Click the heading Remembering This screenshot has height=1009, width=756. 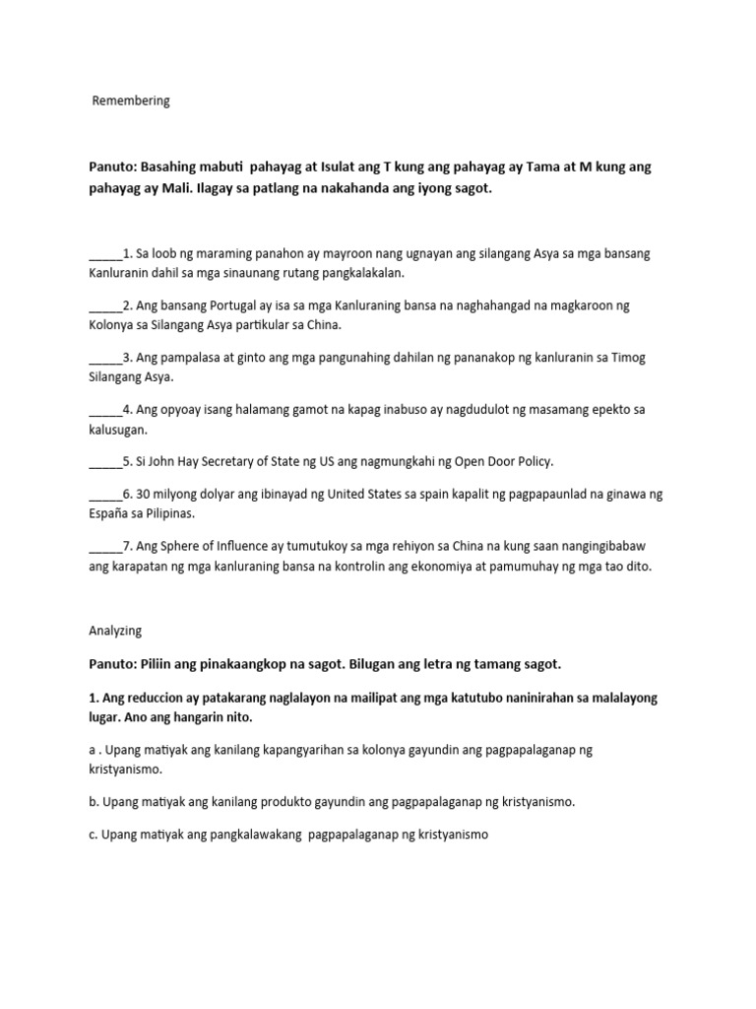pyautogui.click(x=131, y=101)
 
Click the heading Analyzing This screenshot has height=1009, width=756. pyautogui.click(x=116, y=630)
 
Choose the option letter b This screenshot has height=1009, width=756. pyautogui.click(x=93, y=801)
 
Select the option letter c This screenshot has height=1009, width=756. pyautogui.click(x=93, y=835)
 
